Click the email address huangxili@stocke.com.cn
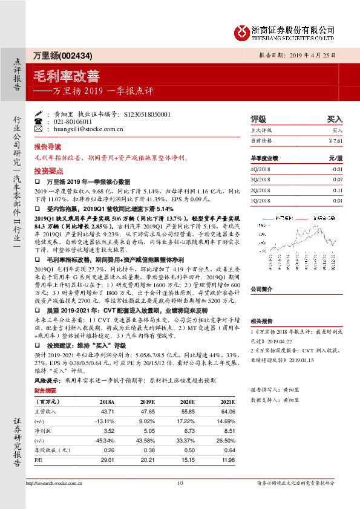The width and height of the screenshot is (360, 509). click(x=88, y=129)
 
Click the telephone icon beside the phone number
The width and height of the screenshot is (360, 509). click(x=39, y=122)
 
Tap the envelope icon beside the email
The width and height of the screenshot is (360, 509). click(x=39, y=129)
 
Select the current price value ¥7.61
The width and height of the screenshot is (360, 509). click(x=335, y=141)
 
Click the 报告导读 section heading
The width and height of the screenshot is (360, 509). click(x=47, y=147)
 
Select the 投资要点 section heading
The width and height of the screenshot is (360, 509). click(x=47, y=171)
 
